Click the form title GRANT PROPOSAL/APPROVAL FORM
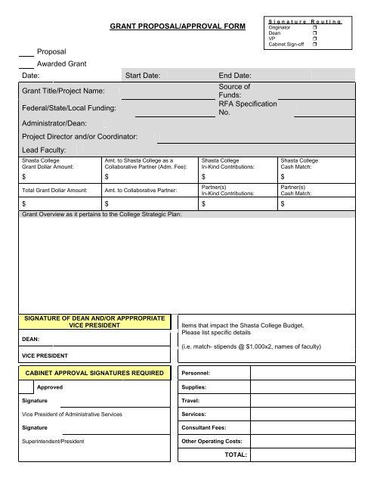[x=178, y=27]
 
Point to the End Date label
[x=235, y=76]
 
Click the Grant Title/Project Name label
[x=63, y=91]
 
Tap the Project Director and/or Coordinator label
[x=79, y=136]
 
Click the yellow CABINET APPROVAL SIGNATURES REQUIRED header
[x=94, y=373]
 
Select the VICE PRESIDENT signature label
[x=45, y=355]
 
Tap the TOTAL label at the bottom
[x=236, y=455]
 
